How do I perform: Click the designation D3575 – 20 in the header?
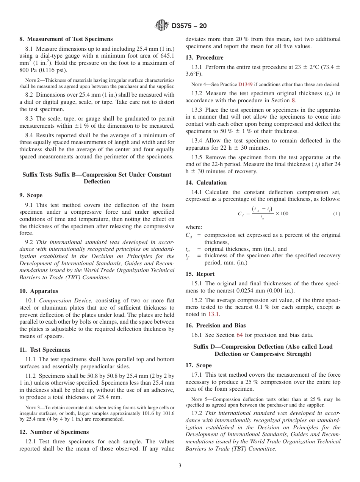point(189,26)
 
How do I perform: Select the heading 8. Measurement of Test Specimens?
point(66,39)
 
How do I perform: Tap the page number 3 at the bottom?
point(180,466)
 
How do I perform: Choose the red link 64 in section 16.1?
point(239,335)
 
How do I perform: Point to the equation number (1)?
point(337,214)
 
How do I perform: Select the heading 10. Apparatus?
point(39,291)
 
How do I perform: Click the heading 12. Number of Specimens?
point(54,432)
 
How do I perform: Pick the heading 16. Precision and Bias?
point(215,325)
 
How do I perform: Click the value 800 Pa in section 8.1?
point(29,70)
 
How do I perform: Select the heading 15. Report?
point(200,274)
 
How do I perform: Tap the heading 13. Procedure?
point(204,58)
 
